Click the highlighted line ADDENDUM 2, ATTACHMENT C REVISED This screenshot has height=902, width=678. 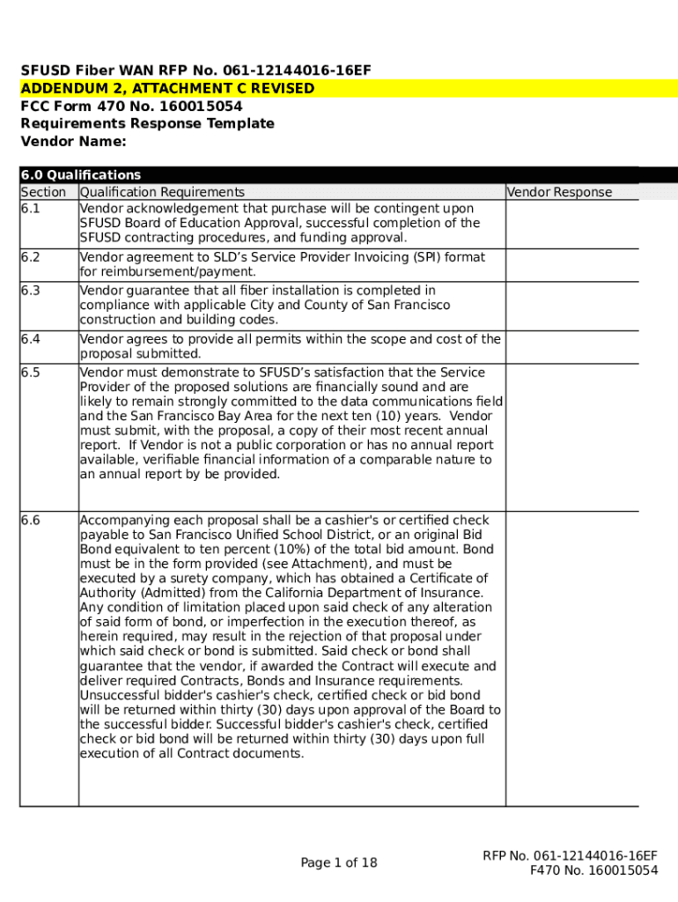coord(167,88)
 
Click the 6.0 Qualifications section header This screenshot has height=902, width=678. coord(80,175)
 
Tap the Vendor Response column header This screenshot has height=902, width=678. coord(559,192)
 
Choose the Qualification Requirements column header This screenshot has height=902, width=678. coord(162,192)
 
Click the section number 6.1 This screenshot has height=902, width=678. coord(31,209)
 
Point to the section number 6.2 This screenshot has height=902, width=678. coord(31,257)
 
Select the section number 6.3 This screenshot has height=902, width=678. coord(31,291)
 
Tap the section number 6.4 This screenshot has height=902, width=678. coord(31,339)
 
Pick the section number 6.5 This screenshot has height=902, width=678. coord(31,373)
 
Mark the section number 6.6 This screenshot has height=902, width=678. coord(31,521)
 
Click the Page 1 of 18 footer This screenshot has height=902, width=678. coord(338,863)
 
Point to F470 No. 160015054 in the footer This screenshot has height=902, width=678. coord(593,870)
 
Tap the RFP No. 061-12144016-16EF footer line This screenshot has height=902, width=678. coord(570,855)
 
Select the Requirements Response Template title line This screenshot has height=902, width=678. coord(147,123)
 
